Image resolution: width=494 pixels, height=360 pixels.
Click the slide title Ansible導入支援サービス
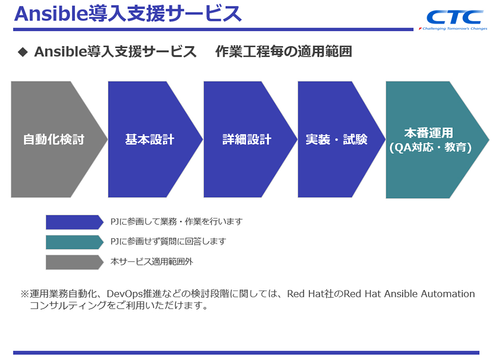click(128, 14)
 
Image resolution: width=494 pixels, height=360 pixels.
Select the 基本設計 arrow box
click(150, 139)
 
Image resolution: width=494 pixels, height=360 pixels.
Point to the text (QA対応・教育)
click(431, 148)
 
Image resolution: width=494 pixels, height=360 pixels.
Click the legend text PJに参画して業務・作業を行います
click(176, 222)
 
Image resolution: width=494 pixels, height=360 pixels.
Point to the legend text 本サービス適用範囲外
click(152, 261)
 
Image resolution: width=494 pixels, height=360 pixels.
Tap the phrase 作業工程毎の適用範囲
click(284, 51)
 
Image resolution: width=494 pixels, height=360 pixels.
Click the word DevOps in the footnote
click(124, 294)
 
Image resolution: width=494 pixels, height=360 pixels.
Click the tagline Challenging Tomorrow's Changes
click(453, 29)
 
